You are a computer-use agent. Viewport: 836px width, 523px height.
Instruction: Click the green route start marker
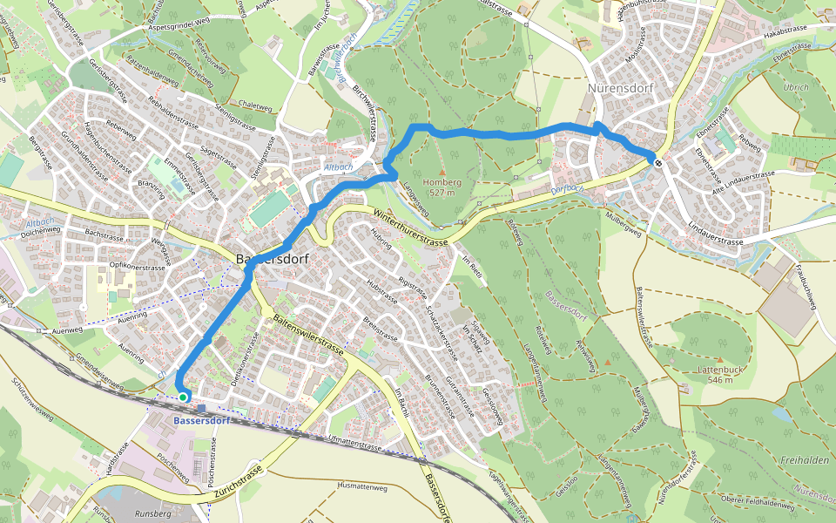point(183,397)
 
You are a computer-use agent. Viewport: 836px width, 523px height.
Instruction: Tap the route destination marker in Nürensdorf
point(659,161)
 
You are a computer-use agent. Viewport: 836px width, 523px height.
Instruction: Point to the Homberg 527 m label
point(442,187)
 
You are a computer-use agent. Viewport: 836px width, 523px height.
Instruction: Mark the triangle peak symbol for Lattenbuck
point(720,359)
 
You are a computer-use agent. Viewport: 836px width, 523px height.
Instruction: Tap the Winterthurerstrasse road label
point(408,228)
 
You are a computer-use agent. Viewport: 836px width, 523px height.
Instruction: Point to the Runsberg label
point(153,515)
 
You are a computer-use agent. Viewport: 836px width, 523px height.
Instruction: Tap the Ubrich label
point(795,87)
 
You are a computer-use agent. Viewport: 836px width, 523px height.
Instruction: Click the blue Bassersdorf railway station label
point(201,422)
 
